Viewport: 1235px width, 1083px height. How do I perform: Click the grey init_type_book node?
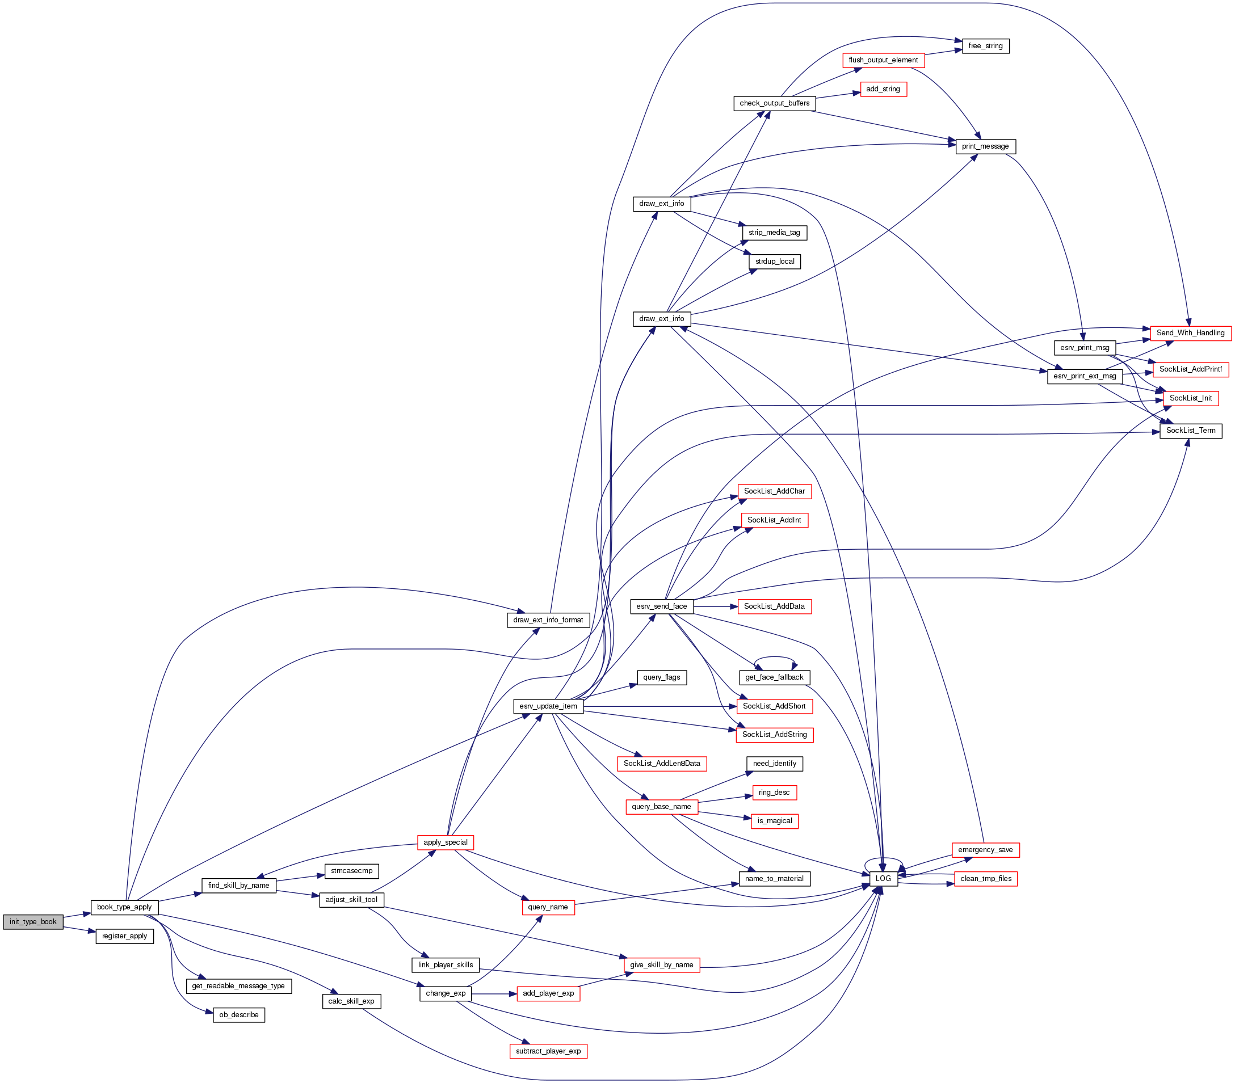click(x=32, y=922)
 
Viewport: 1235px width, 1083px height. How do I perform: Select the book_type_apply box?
click(x=124, y=907)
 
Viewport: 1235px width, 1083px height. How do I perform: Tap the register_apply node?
click(x=124, y=936)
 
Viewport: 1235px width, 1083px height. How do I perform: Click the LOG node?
click(x=883, y=879)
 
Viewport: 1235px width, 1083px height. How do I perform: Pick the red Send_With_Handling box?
click(x=1190, y=333)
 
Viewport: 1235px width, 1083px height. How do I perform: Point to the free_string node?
click(x=985, y=46)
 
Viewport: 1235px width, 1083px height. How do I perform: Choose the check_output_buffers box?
click(x=775, y=103)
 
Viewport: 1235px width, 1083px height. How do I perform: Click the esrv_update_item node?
click(x=548, y=706)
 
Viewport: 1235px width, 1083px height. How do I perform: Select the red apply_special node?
click(x=446, y=842)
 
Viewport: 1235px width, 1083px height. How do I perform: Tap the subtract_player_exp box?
click(x=548, y=1052)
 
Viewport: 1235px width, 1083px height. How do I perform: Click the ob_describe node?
click(x=239, y=1015)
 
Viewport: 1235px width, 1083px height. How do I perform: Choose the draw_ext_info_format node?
click(x=548, y=620)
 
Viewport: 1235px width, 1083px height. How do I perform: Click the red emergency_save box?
click(x=985, y=850)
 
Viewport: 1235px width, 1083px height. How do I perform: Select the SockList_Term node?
click(x=1191, y=431)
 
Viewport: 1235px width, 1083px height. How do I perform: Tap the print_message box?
click(x=985, y=147)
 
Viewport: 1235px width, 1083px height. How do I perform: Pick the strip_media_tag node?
click(x=774, y=233)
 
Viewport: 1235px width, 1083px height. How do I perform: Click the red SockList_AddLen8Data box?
click(x=662, y=764)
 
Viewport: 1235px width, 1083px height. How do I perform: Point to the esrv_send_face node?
click(x=662, y=606)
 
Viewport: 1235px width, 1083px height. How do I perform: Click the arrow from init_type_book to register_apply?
click(x=78, y=929)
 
